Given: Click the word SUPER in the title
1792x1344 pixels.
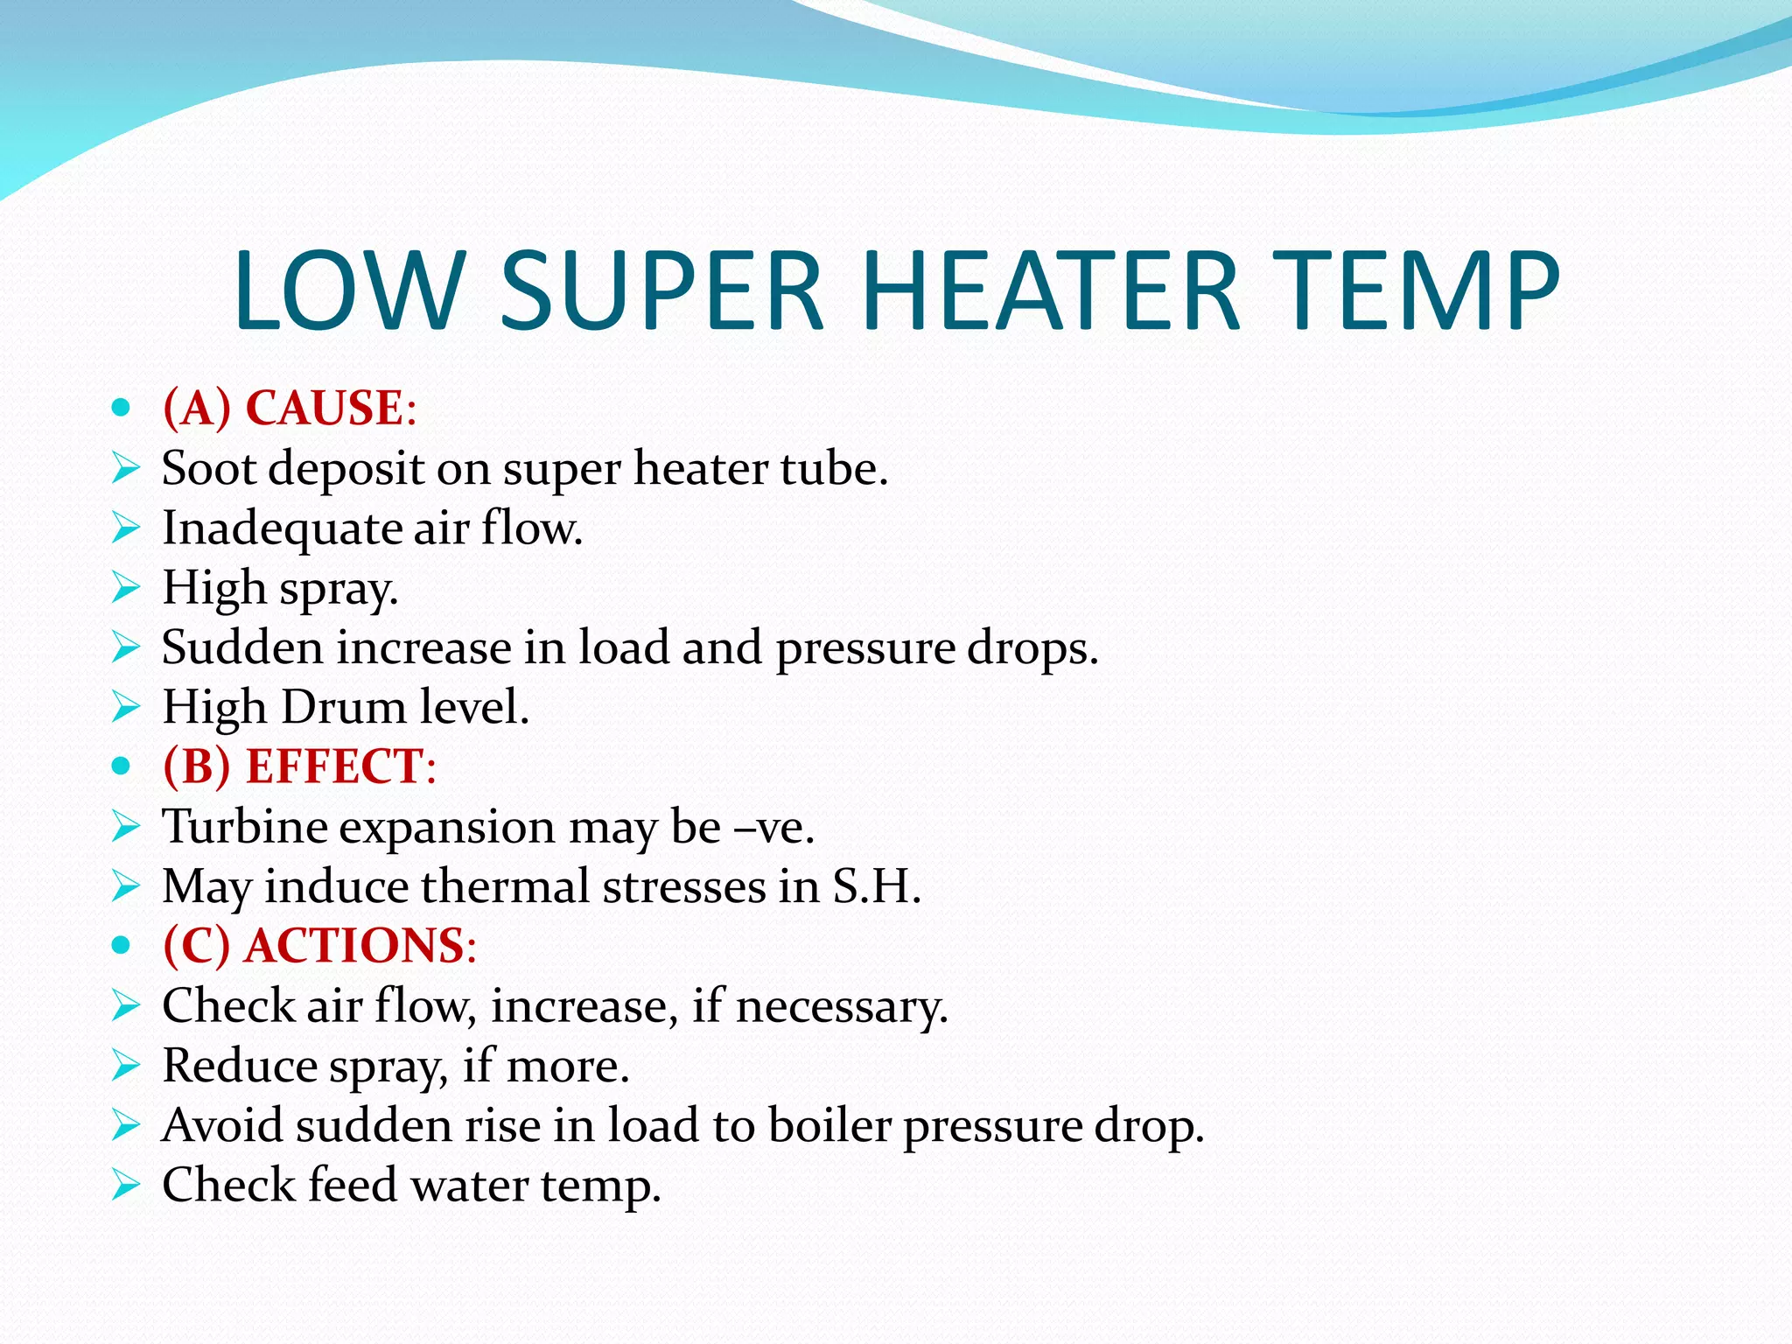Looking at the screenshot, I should (x=661, y=291).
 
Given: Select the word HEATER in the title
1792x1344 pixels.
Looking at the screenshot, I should (x=1050, y=291).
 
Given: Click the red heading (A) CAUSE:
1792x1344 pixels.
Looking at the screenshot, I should (x=290, y=408).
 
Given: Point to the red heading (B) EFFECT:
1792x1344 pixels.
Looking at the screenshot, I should (x=299, y=766).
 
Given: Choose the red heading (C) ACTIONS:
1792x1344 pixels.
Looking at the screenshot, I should (x=319, y=946).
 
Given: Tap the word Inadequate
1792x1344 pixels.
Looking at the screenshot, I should (x=282, y=529).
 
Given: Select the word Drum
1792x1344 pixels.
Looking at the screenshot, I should (x=344, y=707).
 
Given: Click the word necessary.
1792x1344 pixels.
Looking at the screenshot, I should (x=842, y=1006).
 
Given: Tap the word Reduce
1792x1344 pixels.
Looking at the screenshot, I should (x=240, y=1066).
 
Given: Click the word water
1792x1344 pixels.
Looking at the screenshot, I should (x=470, y=1186).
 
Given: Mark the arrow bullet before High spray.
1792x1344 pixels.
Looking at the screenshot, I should (x=126, y=588).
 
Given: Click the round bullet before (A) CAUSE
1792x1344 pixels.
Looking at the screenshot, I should (x=122, y=408).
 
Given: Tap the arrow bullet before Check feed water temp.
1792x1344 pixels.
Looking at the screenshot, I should (x=126, y=1186).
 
